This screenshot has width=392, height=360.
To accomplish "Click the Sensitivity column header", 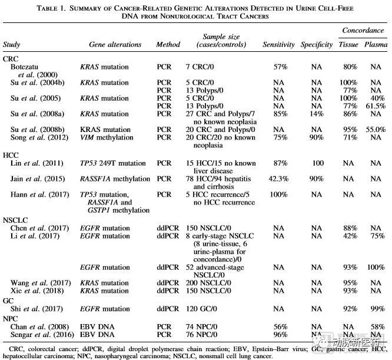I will click(279, 44).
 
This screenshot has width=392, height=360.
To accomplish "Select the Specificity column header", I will click(317, 44).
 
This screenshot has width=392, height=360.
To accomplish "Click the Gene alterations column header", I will click(115, 44).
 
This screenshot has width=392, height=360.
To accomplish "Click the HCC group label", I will click(12, 153).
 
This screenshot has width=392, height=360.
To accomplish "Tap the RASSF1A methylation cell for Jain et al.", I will click(115, 178).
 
